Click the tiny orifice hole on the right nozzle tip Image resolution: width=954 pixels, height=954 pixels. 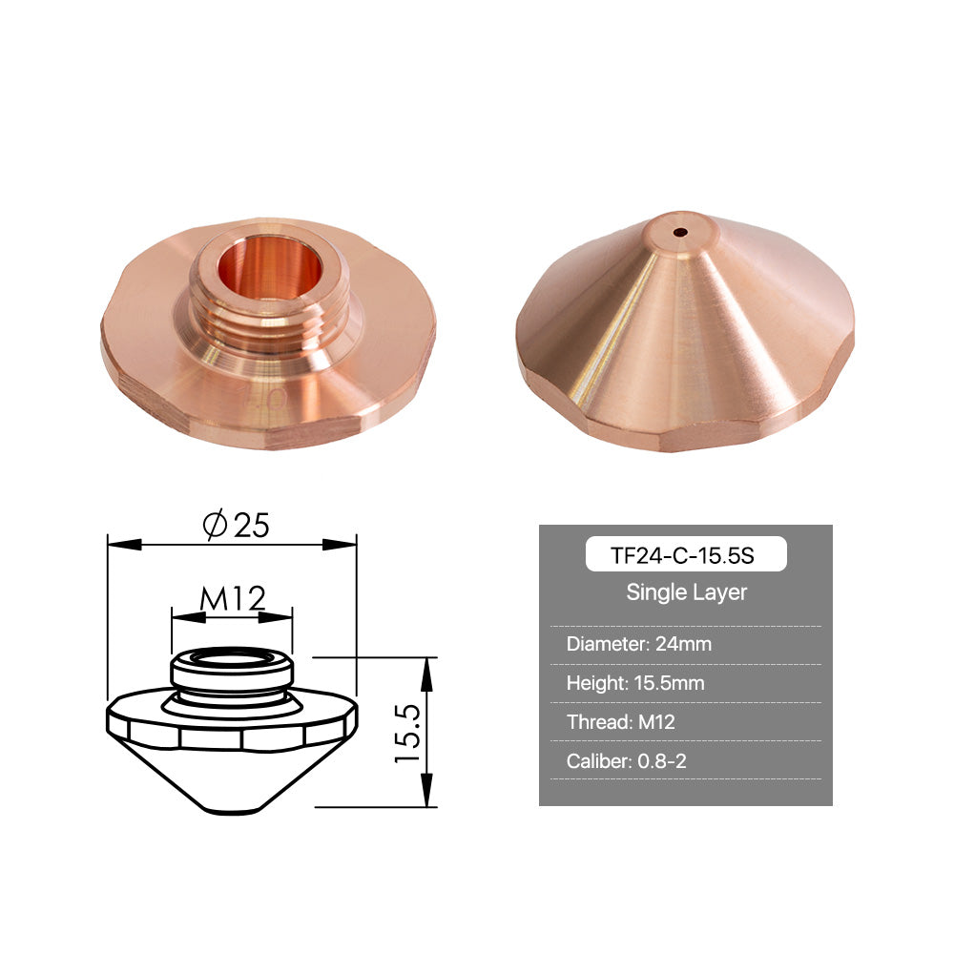[681, 232]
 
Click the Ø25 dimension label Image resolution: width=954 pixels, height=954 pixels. [236, 525]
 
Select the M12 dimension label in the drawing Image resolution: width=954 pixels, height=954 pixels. [233, 598]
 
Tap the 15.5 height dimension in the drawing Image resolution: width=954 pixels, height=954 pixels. [407, 733]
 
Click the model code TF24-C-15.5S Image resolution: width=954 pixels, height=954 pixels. [682, 555]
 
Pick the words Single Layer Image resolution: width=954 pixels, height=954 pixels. [686, 592]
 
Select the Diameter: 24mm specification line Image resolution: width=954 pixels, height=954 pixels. [639, 644]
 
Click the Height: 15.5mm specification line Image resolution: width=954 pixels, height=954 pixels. [635, 683]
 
